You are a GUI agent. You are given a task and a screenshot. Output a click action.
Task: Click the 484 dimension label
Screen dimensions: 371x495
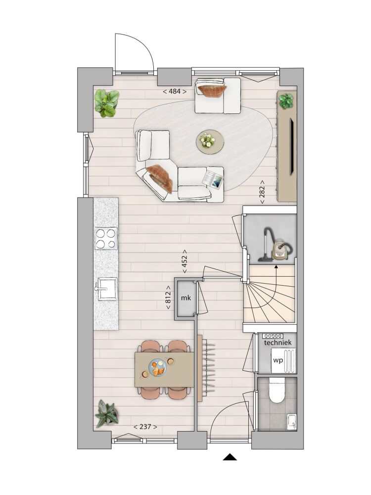tap(175, 92)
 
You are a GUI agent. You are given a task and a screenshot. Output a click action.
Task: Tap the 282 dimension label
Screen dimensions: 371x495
tap(262, 192)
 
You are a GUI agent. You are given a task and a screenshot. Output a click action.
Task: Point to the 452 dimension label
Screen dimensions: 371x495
tap(184, 261)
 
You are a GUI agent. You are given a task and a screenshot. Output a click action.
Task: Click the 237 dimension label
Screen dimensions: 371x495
tap(145, 427)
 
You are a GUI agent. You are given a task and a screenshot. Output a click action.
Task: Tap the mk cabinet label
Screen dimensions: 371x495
tap(186, 297)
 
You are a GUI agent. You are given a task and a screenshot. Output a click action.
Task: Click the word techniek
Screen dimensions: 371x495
tap(278, 343)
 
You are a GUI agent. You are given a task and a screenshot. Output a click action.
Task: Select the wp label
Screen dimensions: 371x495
tap(278, 360)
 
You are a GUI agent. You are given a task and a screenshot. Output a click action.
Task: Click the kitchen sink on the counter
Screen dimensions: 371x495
tap(107, 289)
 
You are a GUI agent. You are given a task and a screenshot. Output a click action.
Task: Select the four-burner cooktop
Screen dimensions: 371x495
tap(106, 239)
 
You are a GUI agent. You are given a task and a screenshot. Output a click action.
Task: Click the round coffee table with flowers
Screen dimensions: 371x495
tap(210, 142)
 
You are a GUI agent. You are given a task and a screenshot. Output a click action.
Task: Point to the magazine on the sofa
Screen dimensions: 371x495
tap(213, 180)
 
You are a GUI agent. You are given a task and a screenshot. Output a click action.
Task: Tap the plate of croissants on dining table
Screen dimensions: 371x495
tap(158, 368)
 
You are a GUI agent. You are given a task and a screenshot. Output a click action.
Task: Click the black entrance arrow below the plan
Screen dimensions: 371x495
tap(230, 457)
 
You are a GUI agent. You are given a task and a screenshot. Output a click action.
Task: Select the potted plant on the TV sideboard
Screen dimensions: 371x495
tap(286, 101)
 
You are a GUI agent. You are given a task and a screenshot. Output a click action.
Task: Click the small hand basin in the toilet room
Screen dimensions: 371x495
tap(292, 422)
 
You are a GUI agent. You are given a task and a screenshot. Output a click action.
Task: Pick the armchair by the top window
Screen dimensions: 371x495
tap(218, 96)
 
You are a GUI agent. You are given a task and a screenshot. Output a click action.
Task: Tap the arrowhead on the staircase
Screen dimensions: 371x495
tap(277, 267)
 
